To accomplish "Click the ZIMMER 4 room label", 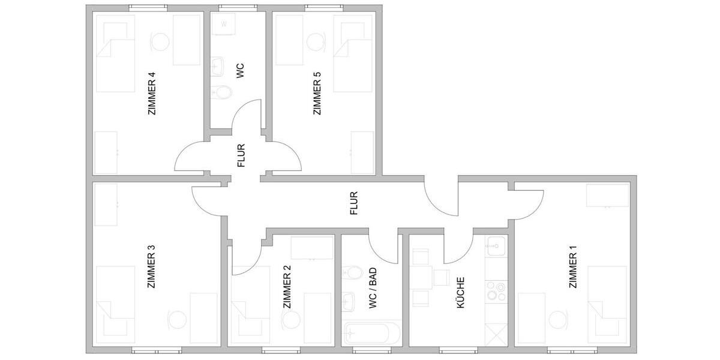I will coord(151,94).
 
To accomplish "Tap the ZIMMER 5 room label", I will coord(317,94).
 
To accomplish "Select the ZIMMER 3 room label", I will coord(151,267).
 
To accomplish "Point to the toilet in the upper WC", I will coord(221,93).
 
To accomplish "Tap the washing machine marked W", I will coord(223,25).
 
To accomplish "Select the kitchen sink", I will coord(496,245).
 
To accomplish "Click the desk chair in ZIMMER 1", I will coord(559,318).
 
